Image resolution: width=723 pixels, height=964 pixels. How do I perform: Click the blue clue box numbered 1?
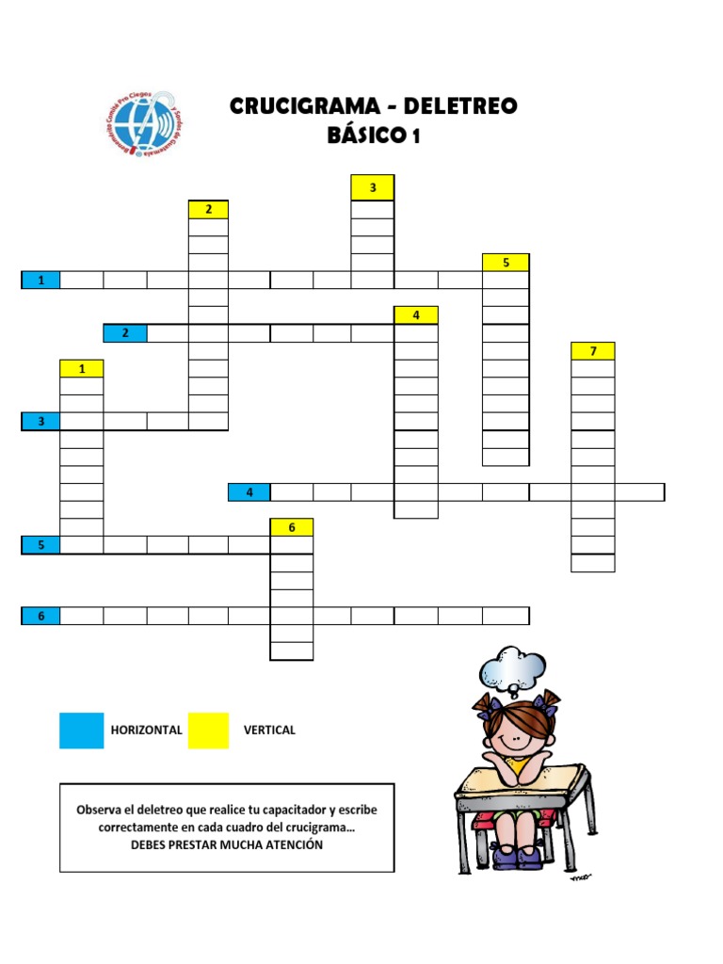[x=40, y=280]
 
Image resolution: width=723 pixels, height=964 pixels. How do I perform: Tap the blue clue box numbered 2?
[x=125, y=332]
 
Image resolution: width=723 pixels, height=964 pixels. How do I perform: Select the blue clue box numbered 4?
[x=249, y=491]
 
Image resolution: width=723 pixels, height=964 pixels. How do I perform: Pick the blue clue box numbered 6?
[x=40, y=616]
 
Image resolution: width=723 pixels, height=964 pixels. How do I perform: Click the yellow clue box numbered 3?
[x=373, y=188]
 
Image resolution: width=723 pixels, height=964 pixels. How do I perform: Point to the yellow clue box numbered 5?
[x=506, y=263]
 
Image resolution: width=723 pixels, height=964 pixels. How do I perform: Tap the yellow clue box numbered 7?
[x=593, y=351]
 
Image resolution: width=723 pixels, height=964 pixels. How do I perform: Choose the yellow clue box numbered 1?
[x=82, y=368]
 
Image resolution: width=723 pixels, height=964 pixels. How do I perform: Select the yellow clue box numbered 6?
[x=292, y=527]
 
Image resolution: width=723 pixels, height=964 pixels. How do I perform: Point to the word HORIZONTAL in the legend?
[x=146, y=730]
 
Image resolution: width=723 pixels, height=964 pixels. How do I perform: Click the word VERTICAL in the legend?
[x=269, y=730]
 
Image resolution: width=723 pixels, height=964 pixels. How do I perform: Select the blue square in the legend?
[x=81, y=731]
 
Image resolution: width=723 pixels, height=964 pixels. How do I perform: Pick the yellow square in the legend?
[x=208, y=731]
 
